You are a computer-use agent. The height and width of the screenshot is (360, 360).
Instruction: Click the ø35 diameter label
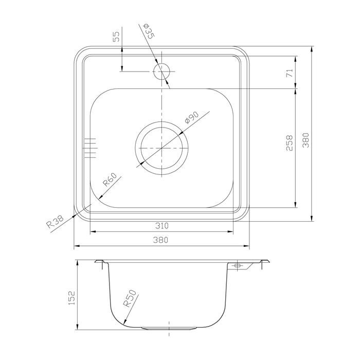pos(149,31)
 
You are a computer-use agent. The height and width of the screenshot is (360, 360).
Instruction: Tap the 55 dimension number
pos(116,37)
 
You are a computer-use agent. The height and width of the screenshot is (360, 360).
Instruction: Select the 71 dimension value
pos(290,73)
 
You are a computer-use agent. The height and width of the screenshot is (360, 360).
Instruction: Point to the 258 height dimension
pos(290,143)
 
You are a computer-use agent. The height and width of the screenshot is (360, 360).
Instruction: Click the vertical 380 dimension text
pos(305,140)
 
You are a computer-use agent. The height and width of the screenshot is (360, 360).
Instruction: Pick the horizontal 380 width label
pos(160,240)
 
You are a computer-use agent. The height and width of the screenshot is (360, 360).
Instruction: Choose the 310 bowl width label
pos(162,226)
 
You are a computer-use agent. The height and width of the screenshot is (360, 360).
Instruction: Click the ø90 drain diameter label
pos(191,118)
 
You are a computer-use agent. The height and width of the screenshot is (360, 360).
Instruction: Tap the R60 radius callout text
pos(110,179)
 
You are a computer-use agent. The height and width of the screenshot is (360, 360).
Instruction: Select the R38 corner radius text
pos(55,222)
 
